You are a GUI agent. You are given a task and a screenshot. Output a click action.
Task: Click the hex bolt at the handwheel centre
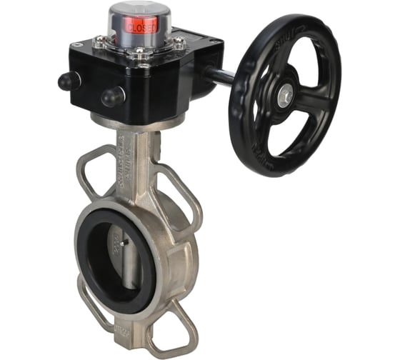285,93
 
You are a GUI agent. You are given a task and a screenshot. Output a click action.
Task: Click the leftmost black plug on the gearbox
67,81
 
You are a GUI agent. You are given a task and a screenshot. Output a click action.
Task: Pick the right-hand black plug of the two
111,96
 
